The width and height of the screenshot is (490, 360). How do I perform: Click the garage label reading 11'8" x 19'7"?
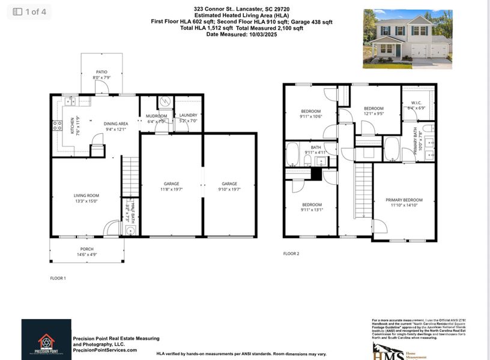pyautogui.click(x=172, y=187)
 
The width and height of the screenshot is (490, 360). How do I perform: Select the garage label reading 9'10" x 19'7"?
pyautogui.click(x=229, y=187)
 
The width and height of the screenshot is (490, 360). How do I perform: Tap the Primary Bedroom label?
pyautogui.click(x=404, y=203)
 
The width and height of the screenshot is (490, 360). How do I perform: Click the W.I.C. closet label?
pyautogui.click(x=417, y=105)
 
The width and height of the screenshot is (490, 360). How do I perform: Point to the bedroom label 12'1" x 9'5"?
pyautogui.click(x=374, y=111)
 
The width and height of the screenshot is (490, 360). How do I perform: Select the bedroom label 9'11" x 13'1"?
pyautogui.click(x=311, y=207)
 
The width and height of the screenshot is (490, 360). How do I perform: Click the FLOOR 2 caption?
pyautogui.click(x=291, y=254)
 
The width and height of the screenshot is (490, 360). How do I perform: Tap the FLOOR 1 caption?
pyautogui.click(x=58, y=278)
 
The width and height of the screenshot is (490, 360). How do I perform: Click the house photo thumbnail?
pyautogui.click(x=408, y=39)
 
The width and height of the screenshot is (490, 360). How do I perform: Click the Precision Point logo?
pyautogui.click(x=46, y=340)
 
